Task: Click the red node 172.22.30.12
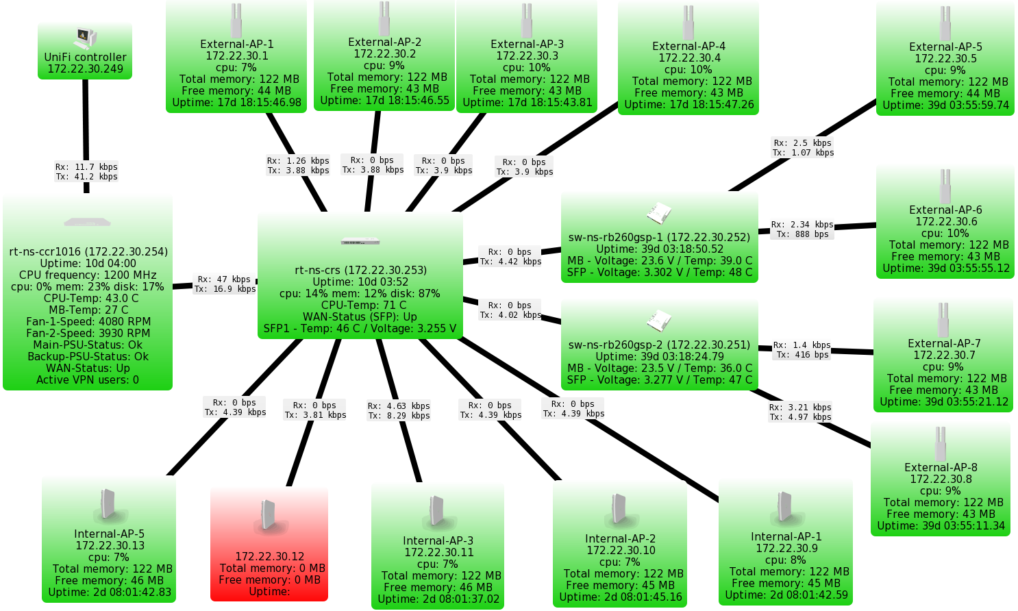[x=269, y=544]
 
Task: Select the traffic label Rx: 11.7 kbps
[x=86, y=166]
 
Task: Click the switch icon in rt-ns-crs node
[x=360, y=240]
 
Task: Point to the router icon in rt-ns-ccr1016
[x=87, y=222]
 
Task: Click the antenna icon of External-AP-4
[x=688, y=23]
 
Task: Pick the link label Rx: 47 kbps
[x=224, y=279]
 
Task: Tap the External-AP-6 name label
[x=946, y=210]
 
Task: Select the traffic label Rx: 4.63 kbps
[x=399, y=406]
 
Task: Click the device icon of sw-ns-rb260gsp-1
[x=659, y=214]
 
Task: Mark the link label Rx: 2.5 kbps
[x=803, y=142]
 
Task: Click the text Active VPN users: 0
[x=88, y=379]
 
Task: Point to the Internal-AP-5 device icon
[x=108, y=505]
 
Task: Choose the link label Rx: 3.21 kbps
[x=800, y=407]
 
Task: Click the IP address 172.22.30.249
[x=86, y=69]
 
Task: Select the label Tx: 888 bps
[x=803, y=234]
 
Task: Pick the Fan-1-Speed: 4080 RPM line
[x=88, y=322]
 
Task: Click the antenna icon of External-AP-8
[x=941, y=444]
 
